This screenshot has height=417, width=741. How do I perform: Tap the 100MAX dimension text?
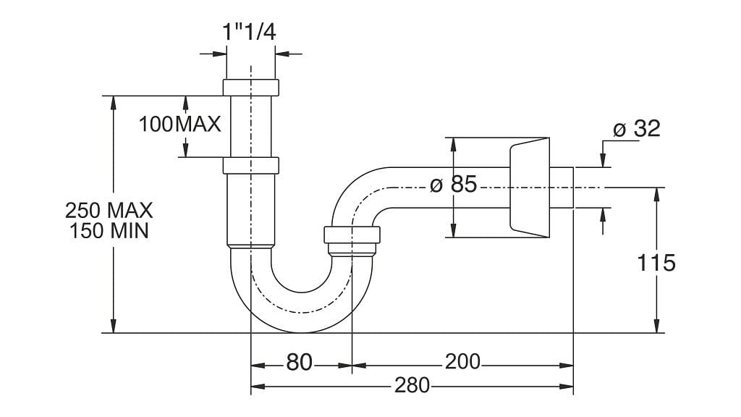[180, 124]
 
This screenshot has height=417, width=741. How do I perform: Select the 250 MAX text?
[109, 211]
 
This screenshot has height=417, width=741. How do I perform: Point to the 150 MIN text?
[109, 232]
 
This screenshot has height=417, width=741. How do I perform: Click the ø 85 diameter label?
[453, 185]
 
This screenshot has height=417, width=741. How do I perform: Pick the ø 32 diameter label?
[637, 129]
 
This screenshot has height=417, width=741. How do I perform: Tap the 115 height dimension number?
[656, 263]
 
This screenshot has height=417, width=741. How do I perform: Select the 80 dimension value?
[300, 362]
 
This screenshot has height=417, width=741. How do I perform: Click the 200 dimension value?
[463, 361]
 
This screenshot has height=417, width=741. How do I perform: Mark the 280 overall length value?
[412, 385]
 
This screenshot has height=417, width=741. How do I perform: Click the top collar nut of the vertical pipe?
[250, 88]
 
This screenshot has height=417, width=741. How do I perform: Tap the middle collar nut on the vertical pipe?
[250, 166]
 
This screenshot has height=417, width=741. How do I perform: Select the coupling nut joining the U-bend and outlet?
[352, 235]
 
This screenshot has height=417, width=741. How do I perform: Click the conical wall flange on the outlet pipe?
[528, 187]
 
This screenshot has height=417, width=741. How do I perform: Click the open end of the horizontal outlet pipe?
[572, 188]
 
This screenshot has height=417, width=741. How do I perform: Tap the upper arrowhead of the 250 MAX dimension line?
[113, 102]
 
